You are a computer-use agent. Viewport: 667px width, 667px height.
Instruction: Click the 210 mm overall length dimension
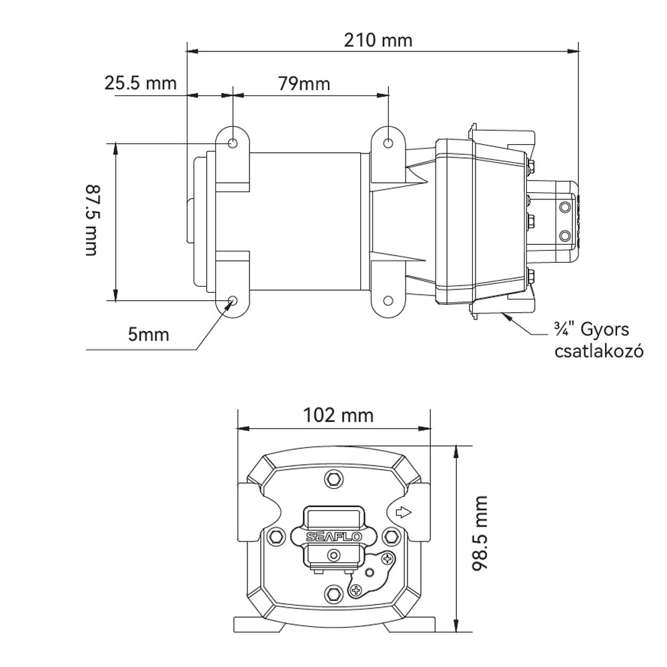tap(378, 41)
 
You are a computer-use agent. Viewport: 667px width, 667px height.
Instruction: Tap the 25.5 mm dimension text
tap(140, 83)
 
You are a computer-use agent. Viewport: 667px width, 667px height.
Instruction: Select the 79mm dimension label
tap(304, 84)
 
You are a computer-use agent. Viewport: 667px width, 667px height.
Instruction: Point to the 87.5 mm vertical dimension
tap(91, 220)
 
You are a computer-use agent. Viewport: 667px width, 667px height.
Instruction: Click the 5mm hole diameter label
tap(149, 335)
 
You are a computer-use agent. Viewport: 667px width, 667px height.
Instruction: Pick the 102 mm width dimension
tap(338, 415)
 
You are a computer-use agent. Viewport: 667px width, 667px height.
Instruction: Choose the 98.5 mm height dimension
tap(480, 533)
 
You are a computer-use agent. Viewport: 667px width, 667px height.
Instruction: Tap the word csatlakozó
tap(599, 352)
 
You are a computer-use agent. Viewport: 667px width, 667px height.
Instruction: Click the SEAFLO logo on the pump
tap(333, 537)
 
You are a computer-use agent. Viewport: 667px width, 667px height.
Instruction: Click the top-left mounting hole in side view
tap(233, 143)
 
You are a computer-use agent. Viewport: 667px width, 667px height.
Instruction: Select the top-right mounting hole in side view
tap(388, 143)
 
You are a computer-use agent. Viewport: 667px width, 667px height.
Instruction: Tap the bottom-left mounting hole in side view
tap(233, 301)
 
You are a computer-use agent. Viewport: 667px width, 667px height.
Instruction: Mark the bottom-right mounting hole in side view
tap(388, 301)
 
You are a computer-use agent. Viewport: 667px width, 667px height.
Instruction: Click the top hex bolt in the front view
tap(333, 480)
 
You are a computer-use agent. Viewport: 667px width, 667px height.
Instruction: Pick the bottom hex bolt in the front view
tap(333, 592)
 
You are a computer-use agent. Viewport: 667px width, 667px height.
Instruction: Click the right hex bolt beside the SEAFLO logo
tap(390, 535)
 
